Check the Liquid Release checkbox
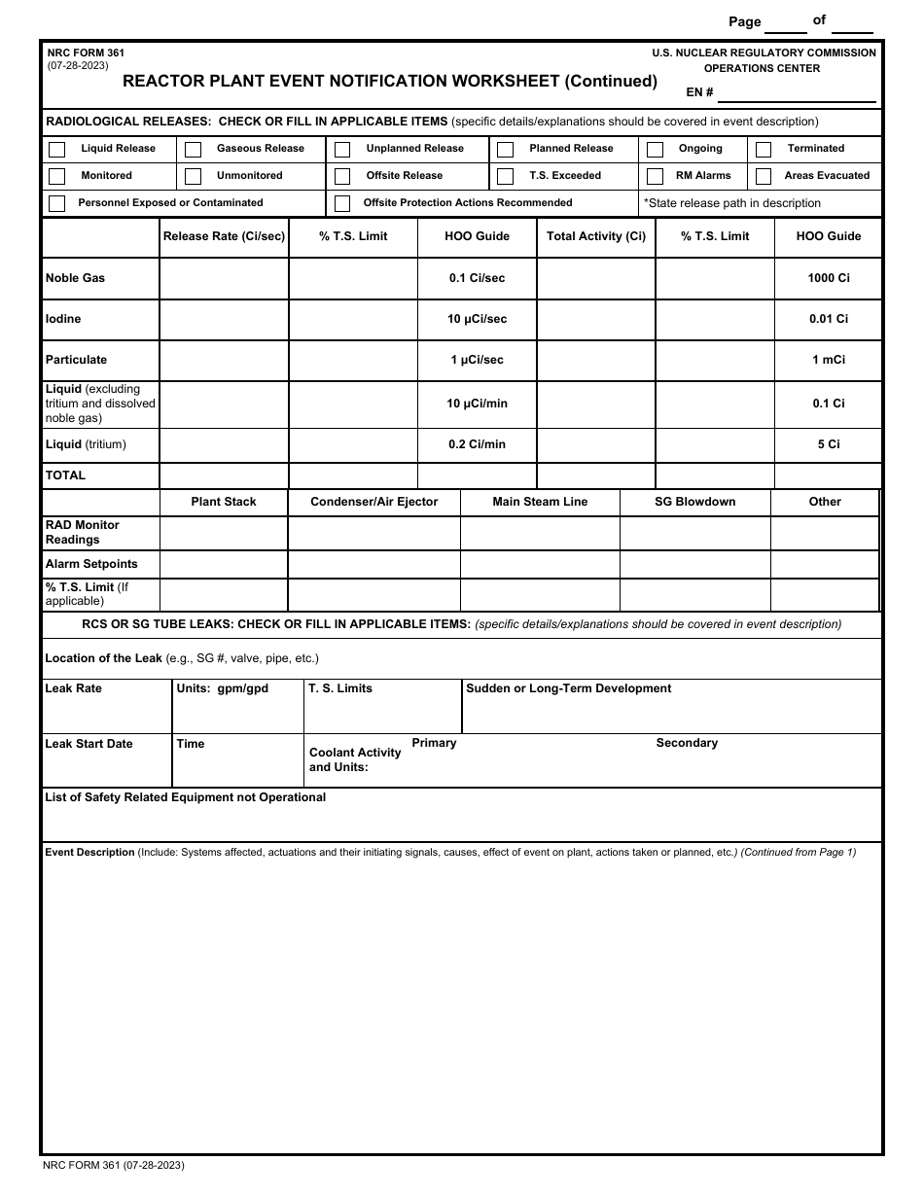[57, 150]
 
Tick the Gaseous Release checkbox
[194, 150]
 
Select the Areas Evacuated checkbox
[764, 177]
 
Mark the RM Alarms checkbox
[655, 177]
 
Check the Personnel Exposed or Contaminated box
[57, 204]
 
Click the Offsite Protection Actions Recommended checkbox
[342, 204]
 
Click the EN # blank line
[797, 93]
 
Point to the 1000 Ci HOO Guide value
[828, 278]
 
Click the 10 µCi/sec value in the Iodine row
[477, 319]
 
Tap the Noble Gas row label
[75, 278]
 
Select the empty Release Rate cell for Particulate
[224, 360]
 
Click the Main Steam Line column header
[540, 502]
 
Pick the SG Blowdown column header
[694, 502]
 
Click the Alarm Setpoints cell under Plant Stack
[224, 564]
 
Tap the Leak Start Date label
[89, 744]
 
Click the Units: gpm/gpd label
[223, 688]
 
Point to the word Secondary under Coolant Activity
[687, 743]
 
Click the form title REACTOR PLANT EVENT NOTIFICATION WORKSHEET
[390, 82]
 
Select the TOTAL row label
[65, 475]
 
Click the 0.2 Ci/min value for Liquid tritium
[477, 444]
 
